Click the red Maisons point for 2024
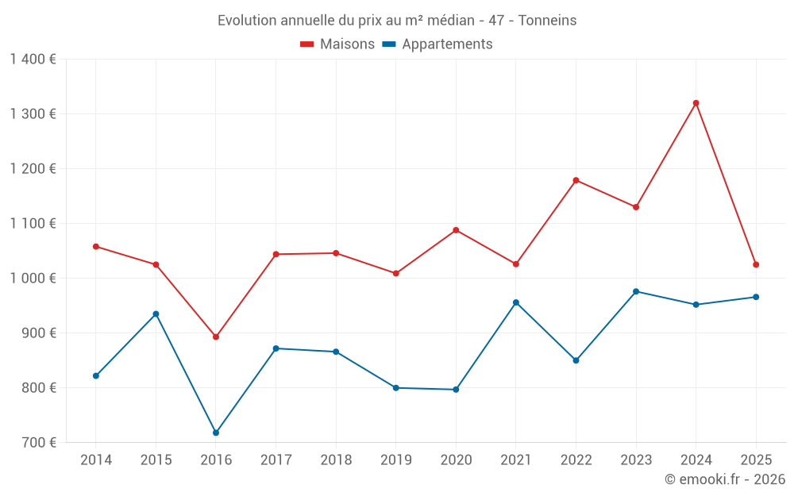pos(696,103)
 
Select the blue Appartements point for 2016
pos(216,433)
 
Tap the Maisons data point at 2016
pos(216,337)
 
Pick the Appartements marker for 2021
pos(516,302)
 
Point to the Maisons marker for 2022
pos(576,180)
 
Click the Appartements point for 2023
pos(636,291)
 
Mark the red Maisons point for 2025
pos(756,264)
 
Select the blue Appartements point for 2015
pos(156,314)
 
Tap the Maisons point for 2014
pos(96,247)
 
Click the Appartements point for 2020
pos(456,390)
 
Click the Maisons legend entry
pos(337,44)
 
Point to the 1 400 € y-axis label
pos(33,60)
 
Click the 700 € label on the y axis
pos(37,443)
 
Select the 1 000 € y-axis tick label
pos(33,279)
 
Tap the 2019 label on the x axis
pos(395,460)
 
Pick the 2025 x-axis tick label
pos(756,460)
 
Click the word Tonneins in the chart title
pos(547,21)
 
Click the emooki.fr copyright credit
pos(724,479)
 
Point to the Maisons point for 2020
pos(456,230)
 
